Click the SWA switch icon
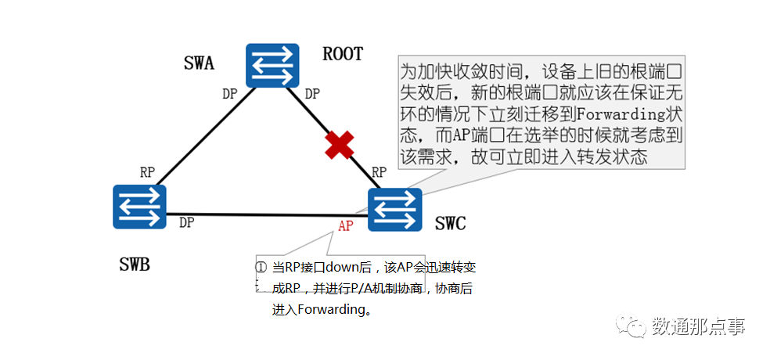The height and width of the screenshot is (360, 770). click(272, 65)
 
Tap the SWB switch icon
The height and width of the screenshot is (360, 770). click(139, 207)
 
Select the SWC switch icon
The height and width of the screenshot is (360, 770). click(395, 210)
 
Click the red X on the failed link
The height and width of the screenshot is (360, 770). click(339, 145)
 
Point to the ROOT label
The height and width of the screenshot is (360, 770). click(343, 54)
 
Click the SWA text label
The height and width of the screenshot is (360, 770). click(199, 63)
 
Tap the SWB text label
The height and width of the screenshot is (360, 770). click(135, 265)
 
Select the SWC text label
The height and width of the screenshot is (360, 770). click(450, 225)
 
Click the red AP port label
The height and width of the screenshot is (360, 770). click(346, 226)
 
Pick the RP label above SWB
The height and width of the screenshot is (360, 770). click(147, 172)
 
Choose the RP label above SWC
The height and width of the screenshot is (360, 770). click(380, 172)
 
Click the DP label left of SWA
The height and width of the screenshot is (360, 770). click(229, 94)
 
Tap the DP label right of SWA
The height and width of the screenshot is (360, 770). click(311, 94)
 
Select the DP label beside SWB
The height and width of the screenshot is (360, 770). click(186, 222)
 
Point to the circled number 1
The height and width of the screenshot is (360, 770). click(261, 266)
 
